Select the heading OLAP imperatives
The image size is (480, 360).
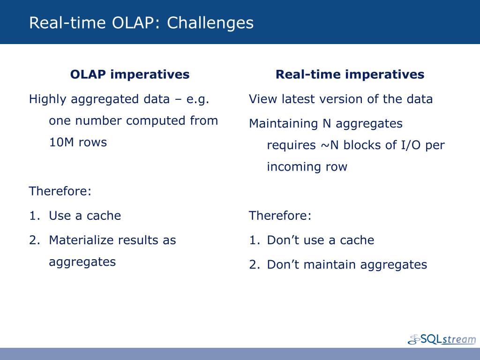[130, 75]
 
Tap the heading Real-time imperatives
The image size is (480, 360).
[350, 75]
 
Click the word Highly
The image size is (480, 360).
[47, 99]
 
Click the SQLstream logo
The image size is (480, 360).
[442, 339]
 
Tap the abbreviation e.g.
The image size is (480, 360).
[198, 100]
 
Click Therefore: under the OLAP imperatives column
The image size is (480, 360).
[60, 191]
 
